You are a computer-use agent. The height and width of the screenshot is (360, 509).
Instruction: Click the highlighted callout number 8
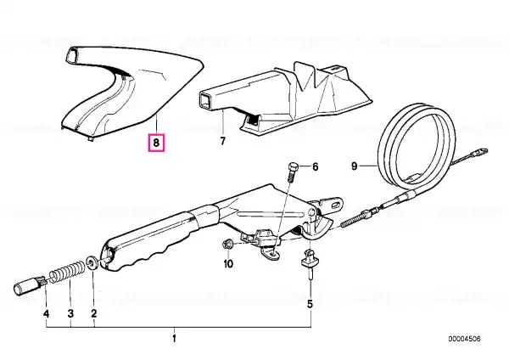point(156,143)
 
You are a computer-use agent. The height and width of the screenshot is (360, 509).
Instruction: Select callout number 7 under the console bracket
point(222,141)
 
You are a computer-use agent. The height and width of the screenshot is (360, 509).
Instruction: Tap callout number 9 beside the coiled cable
point(354,166)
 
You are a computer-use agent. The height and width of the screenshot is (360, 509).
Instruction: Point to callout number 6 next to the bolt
point(316,167)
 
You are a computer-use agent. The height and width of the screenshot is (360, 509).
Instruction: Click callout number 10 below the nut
point(228,263)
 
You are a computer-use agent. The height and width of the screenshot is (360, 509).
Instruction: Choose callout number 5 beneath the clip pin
point(310,304)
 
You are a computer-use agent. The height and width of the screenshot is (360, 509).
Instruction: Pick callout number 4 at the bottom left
point(46,314)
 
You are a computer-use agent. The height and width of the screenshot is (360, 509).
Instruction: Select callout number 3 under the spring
point(70,313)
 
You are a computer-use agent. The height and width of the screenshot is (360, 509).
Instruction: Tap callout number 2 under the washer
point(94,313)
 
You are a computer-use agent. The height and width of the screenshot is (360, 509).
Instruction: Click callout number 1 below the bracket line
point(174,338)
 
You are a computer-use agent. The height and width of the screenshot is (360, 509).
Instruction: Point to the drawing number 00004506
point(465,339)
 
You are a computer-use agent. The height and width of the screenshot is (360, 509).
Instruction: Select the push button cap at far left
point(29,285)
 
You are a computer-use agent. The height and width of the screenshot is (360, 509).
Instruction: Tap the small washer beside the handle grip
point(92,262)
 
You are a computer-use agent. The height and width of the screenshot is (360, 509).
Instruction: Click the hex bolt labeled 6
point(292,172)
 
